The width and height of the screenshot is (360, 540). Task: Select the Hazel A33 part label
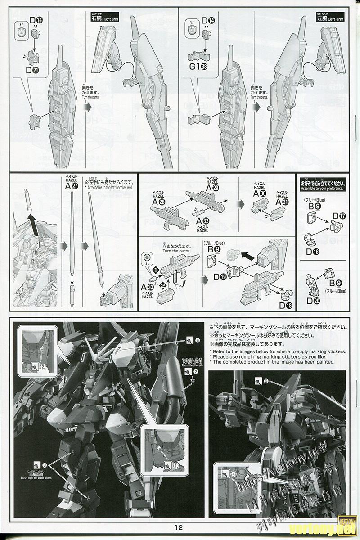pos(146,287)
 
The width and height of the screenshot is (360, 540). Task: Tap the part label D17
pos(339,216)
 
